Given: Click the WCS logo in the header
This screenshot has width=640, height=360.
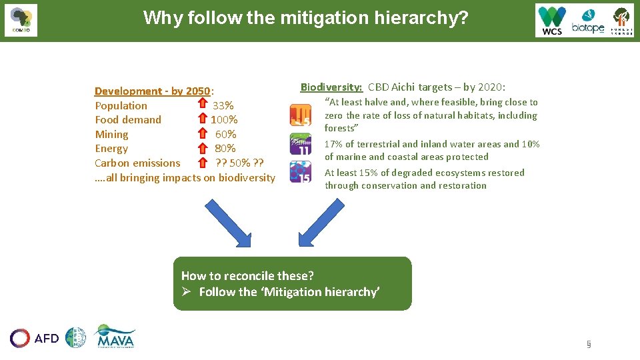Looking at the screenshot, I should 552,20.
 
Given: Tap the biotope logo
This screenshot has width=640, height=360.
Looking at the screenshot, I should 587,21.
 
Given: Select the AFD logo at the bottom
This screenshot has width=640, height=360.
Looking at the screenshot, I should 35,338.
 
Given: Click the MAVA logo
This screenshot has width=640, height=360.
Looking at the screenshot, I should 115,337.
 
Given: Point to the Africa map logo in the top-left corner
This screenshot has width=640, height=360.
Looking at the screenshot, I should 21,20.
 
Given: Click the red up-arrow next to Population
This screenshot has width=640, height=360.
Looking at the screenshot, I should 203,105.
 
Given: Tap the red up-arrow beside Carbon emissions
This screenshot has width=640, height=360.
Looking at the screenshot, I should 203,162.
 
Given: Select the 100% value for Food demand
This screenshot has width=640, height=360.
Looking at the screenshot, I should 224,120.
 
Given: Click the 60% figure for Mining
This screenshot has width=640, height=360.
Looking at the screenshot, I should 225,134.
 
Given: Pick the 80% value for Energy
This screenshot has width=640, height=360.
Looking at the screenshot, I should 225,149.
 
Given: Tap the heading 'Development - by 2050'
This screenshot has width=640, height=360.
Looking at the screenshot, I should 152,91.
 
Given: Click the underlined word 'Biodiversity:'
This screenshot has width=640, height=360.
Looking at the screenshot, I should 331,87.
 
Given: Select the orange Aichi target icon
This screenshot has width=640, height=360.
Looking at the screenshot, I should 300,115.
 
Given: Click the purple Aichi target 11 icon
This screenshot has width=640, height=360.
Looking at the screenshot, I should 300,143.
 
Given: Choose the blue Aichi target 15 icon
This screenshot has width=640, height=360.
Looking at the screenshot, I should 300,172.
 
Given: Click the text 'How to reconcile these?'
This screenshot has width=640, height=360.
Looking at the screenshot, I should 247,275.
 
